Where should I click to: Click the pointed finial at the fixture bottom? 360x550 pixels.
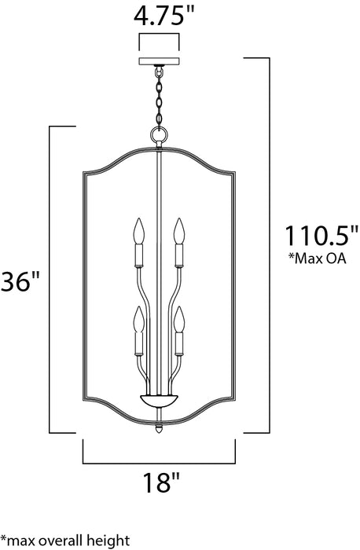pos(160,431)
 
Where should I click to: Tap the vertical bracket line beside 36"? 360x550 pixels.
pos(51,279)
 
